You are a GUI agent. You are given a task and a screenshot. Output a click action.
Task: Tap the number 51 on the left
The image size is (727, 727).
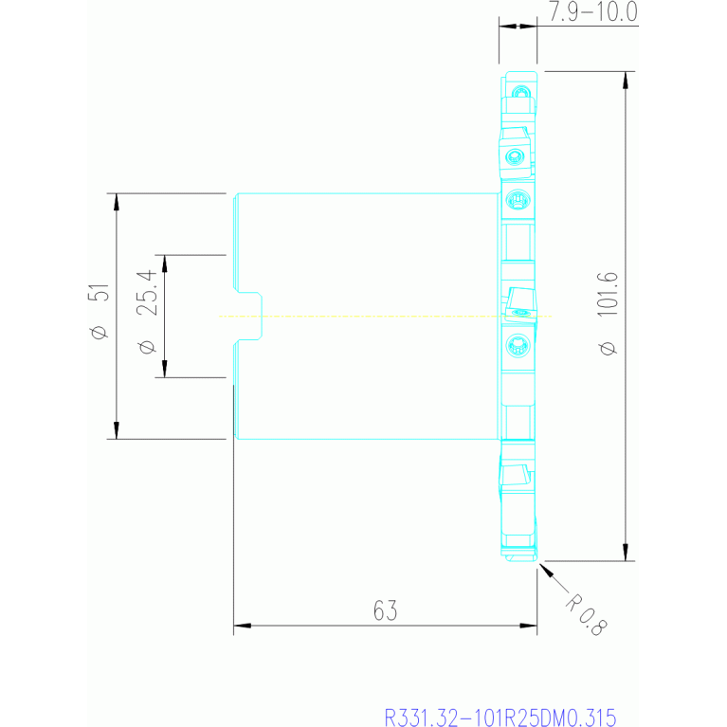(x=99, y=294)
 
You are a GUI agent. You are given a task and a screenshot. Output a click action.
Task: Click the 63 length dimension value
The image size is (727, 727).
(x=384, y=611)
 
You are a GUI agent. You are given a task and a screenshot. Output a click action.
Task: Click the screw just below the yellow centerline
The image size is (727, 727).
(x=517, y=344)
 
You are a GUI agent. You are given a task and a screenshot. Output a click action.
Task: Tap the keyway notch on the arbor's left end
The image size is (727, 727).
(x=247, y=316)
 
